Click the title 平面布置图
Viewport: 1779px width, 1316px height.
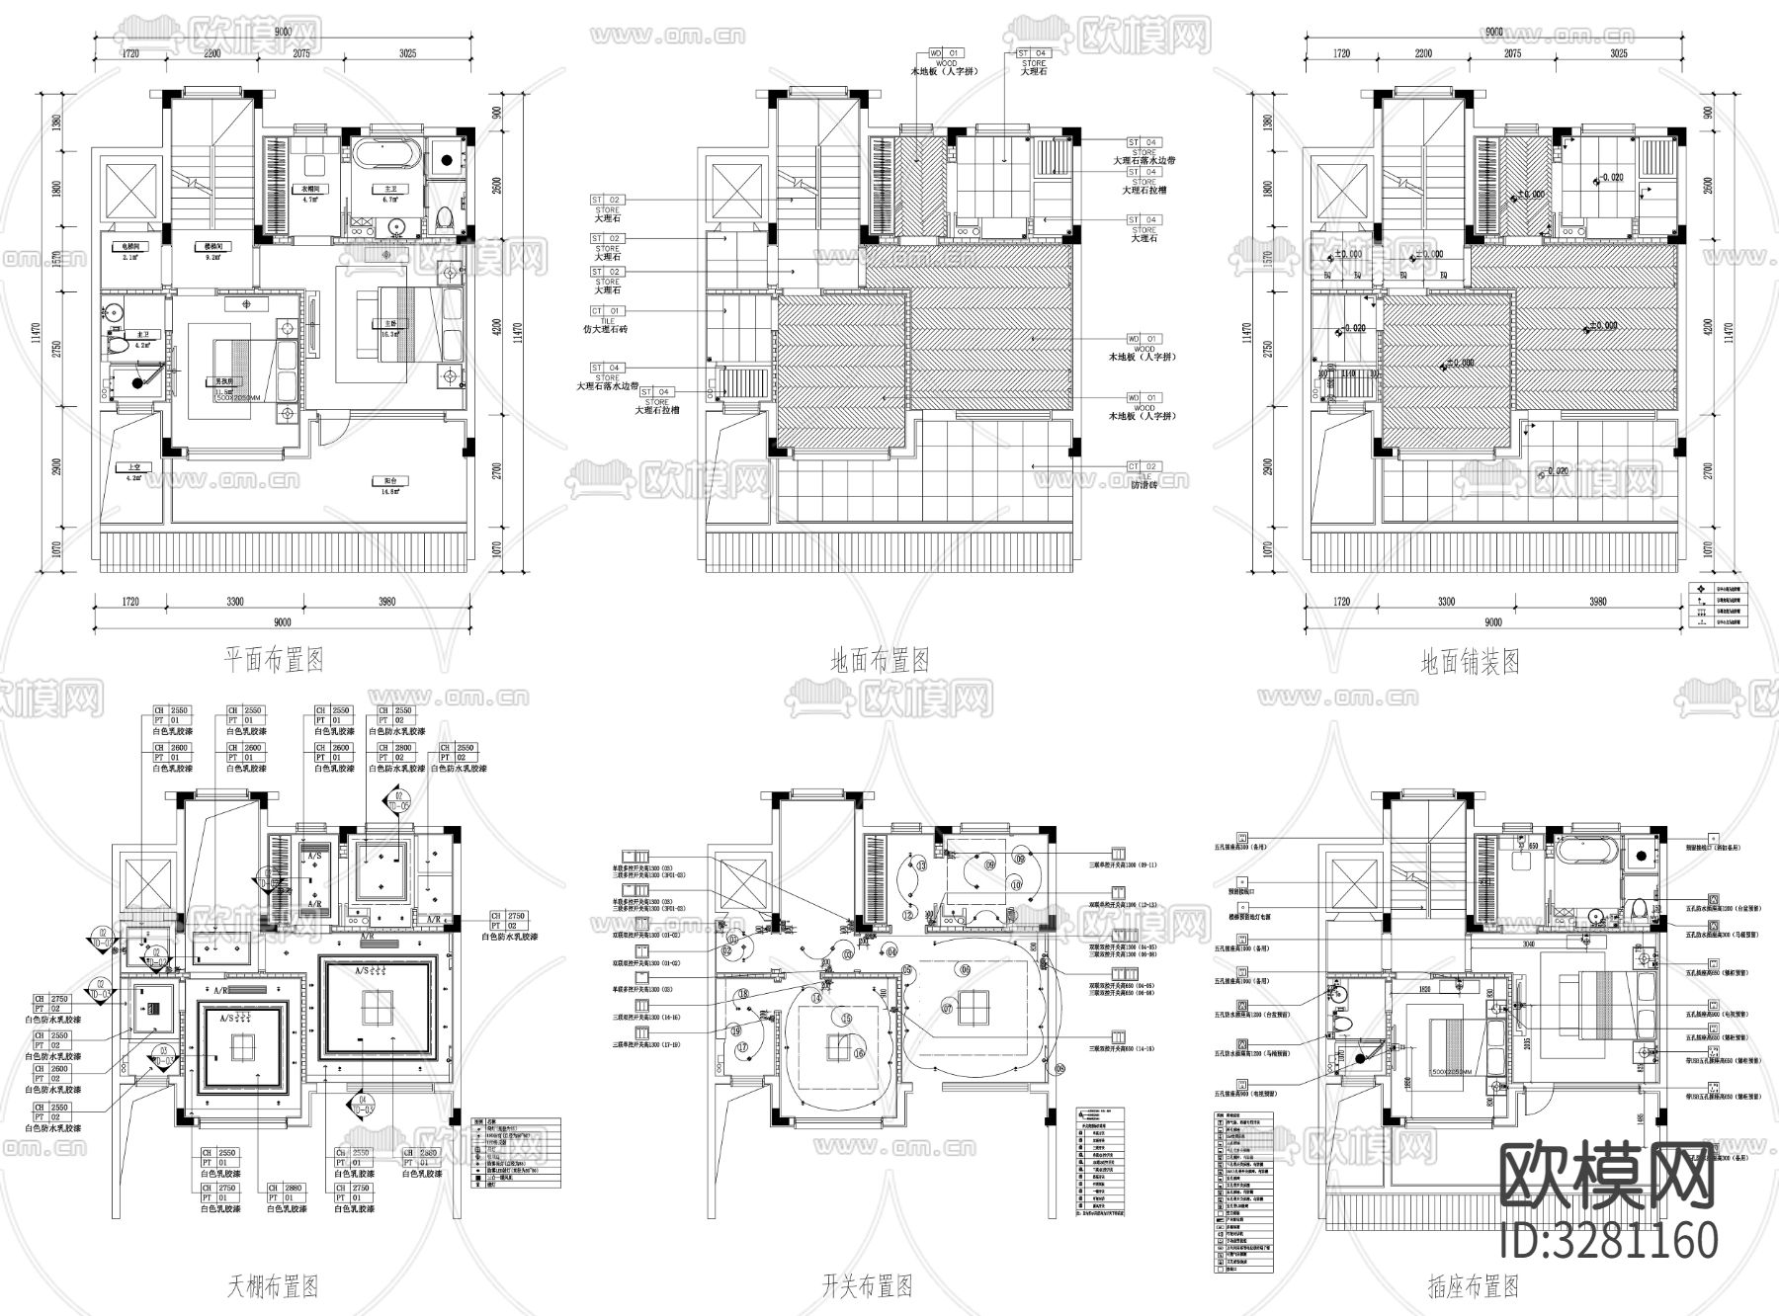coord(274,660)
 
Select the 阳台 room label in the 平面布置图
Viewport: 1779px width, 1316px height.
coord(391,482)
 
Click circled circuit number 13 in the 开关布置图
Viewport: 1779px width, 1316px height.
coord(921,864)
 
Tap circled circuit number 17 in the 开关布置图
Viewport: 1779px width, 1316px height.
coord(741,1048)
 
